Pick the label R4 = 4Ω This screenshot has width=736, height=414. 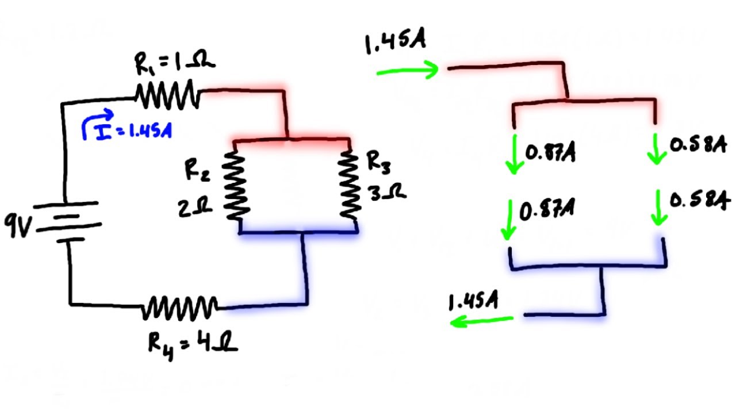point(193,344)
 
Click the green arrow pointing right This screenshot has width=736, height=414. point(408,71)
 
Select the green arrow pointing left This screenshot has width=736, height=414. point(481,321)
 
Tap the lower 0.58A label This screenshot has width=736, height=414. point(699,202)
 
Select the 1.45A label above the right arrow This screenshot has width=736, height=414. point(394,44)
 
